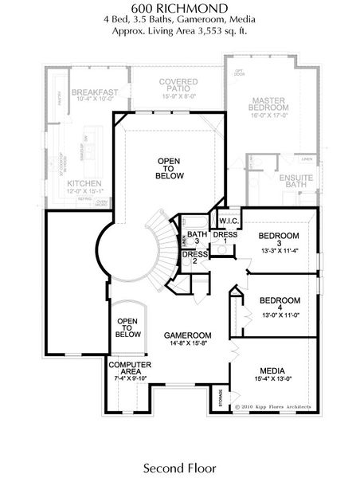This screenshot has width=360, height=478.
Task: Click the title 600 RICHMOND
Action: click(x=179, y=7)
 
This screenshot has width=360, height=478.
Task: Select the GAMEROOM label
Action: click(x=187, y=335)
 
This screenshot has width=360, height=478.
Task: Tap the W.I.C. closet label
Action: click(x=218, y=221)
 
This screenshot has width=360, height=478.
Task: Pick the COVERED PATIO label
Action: click(x=178, y=86)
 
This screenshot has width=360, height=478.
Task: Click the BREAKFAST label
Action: click(x=94, y=92)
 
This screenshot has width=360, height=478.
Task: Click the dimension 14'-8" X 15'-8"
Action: click(x=187, y=344)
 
